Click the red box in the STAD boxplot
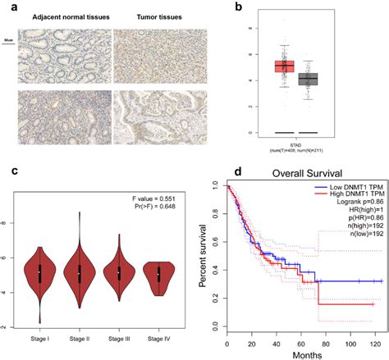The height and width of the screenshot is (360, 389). click(285, 66)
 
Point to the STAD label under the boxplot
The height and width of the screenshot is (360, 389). click(295, 140)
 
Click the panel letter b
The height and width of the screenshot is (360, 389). click(216, 7)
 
